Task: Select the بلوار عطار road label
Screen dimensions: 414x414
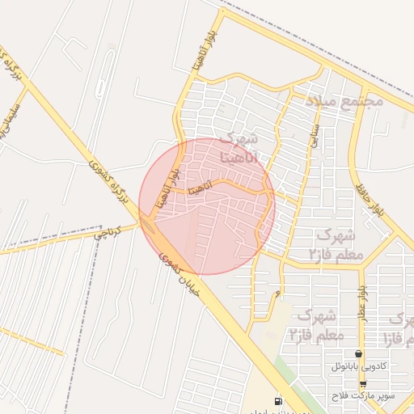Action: click(364, 301)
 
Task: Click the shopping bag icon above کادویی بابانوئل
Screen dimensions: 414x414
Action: click(358, 353)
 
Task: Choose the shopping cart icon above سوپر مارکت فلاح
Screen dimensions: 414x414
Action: click(363, 384)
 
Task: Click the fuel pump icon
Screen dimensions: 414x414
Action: click(279, 401)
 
